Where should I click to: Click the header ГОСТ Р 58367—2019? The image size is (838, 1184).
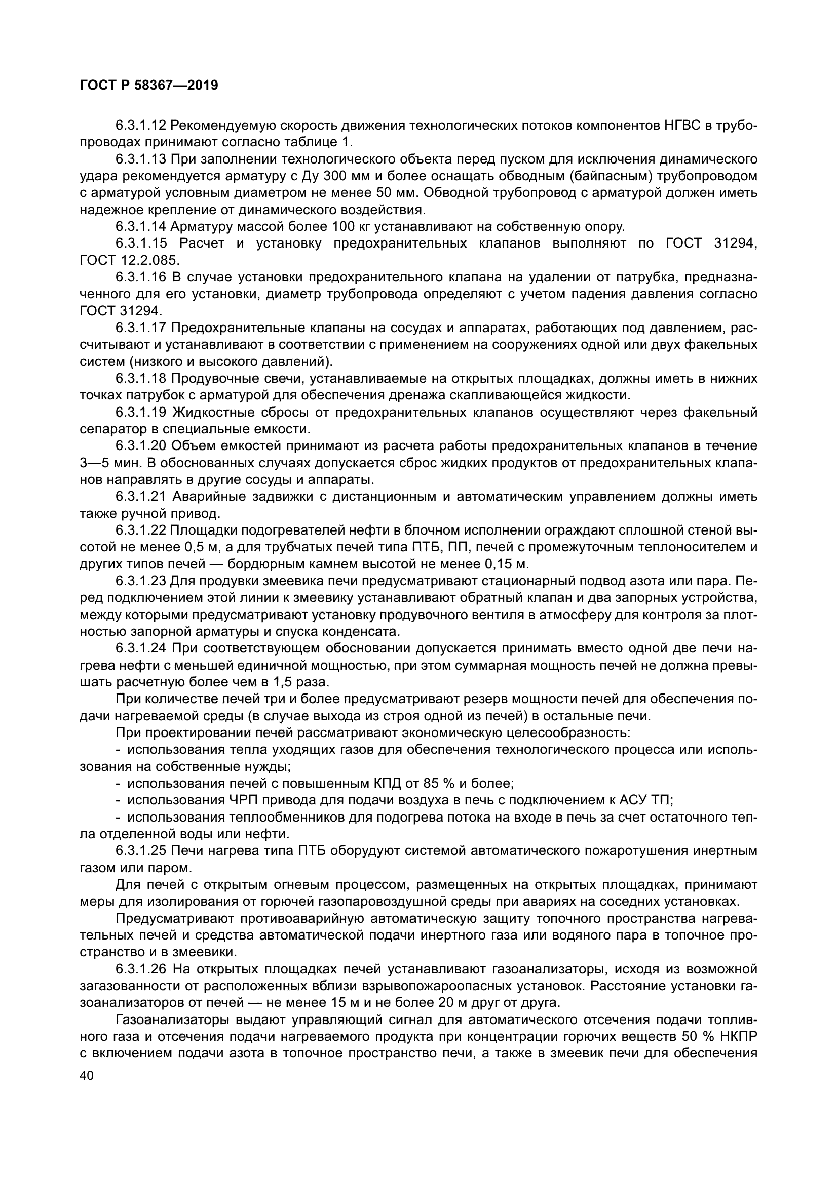149,85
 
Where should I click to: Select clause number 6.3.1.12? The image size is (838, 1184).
140,126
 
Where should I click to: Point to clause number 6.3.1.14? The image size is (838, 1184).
140,226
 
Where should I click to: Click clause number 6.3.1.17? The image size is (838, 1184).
140,328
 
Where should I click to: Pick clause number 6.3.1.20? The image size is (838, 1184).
140,445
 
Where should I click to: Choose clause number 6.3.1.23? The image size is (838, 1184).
140,581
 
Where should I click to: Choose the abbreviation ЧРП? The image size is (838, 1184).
242,800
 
